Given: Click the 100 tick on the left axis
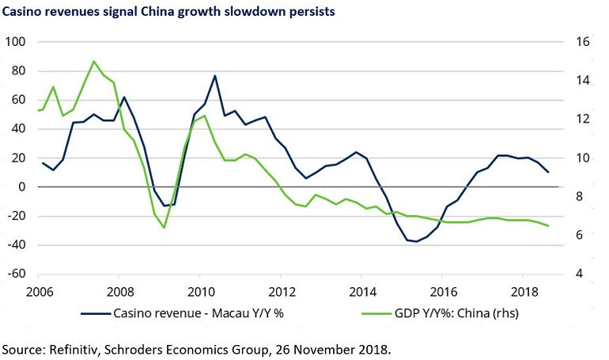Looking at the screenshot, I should pyautogui.click(x=16, y=42).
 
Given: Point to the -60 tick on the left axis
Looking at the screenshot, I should pyautogui.click(x=16, y=274).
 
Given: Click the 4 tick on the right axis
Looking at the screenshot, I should pyautogui.click(x=579, y=274).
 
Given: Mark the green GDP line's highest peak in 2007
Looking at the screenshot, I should pyautogui.click(x=94, y=61).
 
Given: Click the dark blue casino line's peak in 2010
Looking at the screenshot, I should pyautogui.click(x=215, y=76).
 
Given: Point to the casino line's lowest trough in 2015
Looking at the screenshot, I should pyautogui.click(x=417, y=241).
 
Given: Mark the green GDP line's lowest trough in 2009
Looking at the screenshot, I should pyautogui.click(x=165, y=228).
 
